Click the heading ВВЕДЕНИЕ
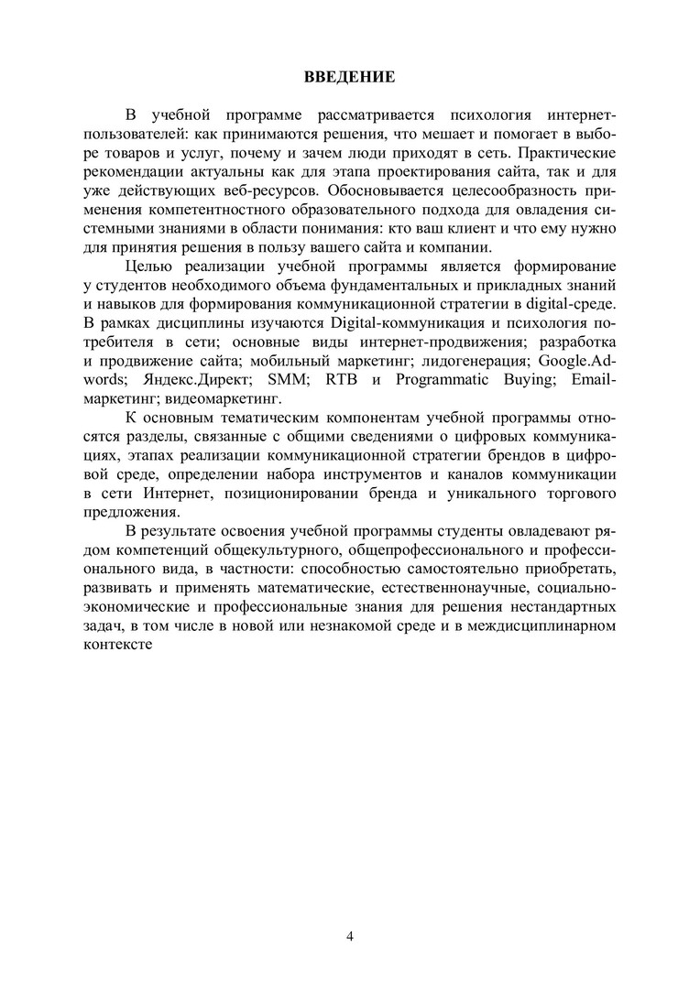tap(350, 76)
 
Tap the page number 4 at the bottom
tap(350, 935)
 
